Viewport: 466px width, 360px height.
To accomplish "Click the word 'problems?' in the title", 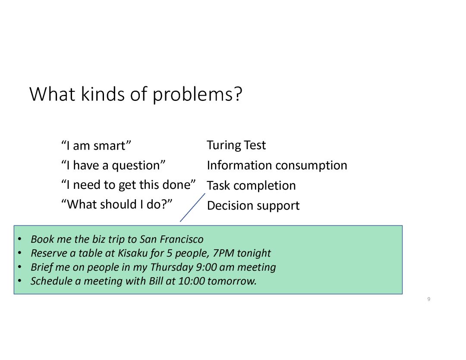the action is pyautogui.click(x=198, y=95).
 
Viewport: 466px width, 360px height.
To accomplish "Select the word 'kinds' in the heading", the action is pyautogui.click(x=103, y=94).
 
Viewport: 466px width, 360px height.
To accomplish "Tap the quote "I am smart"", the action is pyautogui.click(x=96, y=146).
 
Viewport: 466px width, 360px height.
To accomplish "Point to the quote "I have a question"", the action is pyautogui.click(x=113, y=166).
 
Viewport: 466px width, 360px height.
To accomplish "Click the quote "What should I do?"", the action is pyautogui.click(x=117, y=204).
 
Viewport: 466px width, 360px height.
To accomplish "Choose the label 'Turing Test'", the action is pyautogui.click(x=236, y=145).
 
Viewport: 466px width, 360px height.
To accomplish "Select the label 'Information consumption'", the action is pyautogui.click(x=277, y=166).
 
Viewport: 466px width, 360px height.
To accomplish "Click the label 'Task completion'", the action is pyautogui.click(x=252, y=186).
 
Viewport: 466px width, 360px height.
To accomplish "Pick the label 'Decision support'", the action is pyautogui.click(x=253, y=206).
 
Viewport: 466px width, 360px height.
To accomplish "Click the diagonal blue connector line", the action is pyautogui.click(x=192, y=207).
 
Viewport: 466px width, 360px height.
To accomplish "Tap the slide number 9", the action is pyautogui.click(x=428, y=299).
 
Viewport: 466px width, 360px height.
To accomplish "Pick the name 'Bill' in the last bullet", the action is pyautogui.click(x=156, y=281).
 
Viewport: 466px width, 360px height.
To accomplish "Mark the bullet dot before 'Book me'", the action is pyautogui.click(x=19, y=239).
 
